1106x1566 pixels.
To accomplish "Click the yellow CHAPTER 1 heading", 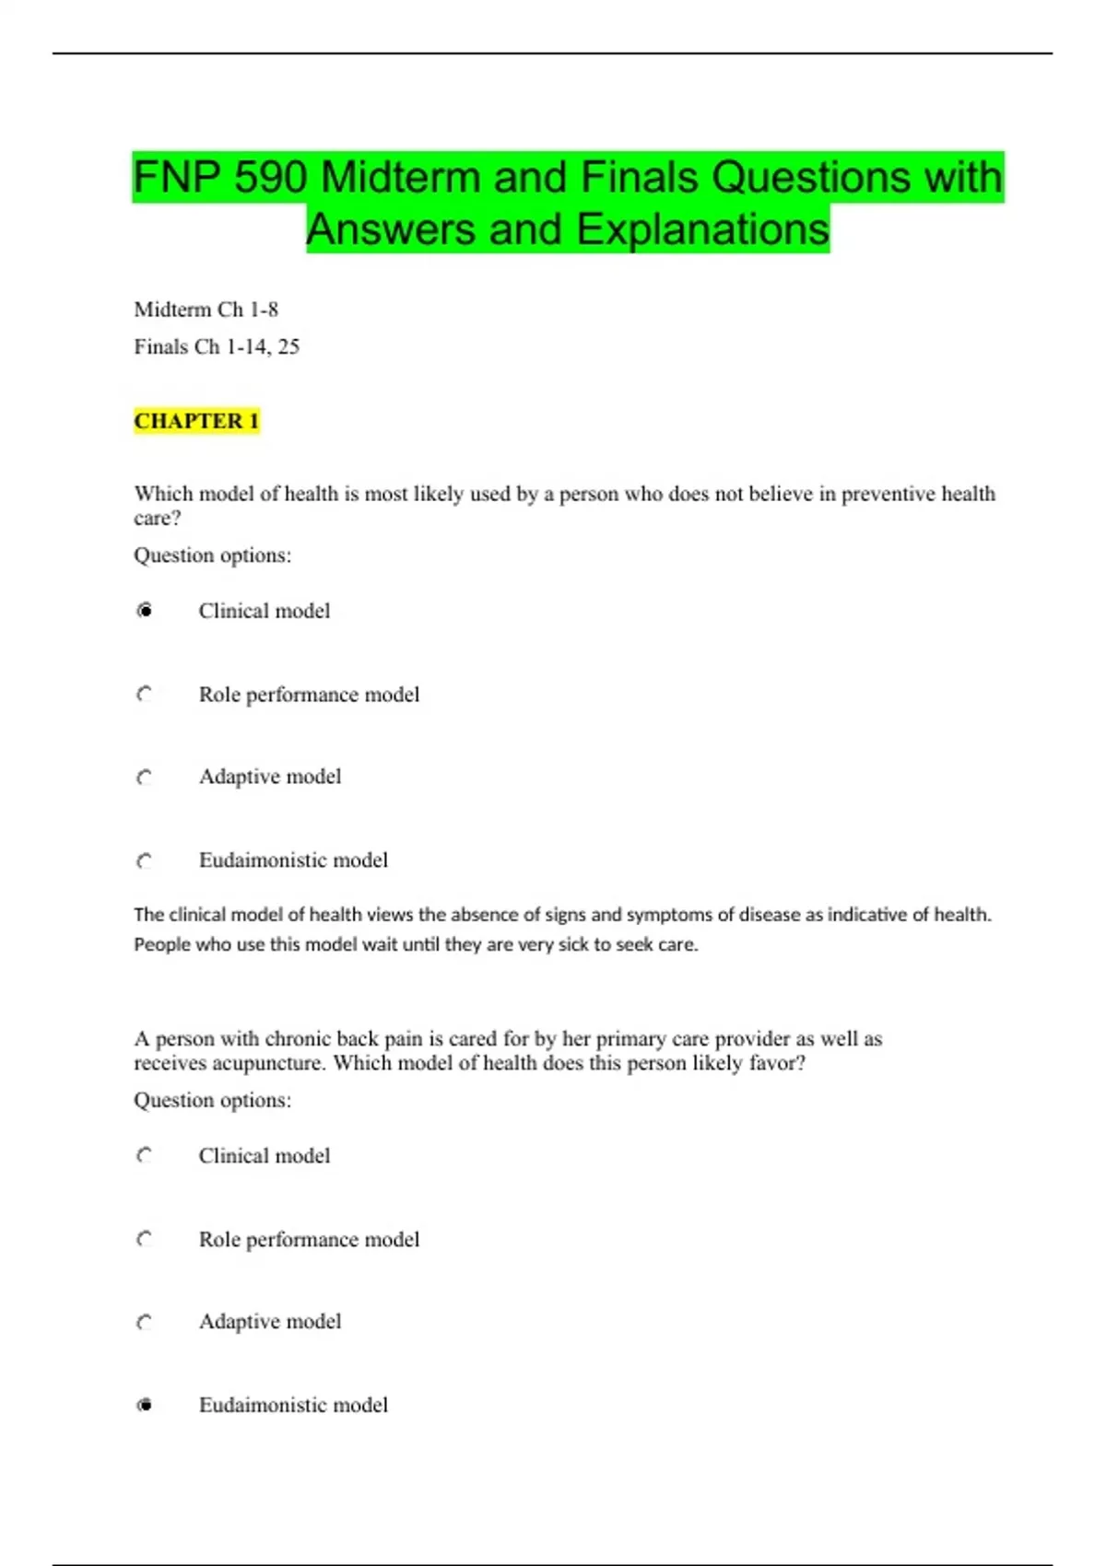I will point(196,421).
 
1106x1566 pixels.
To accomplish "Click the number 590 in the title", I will point(269,178).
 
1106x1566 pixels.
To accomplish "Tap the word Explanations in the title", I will point(702,230).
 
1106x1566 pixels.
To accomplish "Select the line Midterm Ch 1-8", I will point(206,310).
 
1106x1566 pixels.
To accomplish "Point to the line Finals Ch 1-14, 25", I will point(217,347).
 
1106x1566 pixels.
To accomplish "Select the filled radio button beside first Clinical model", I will point(145,611).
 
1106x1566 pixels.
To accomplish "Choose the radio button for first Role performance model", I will point(145,695).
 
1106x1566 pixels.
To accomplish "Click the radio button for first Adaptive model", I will point(145,777).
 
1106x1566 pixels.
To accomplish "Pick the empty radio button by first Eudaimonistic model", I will point(145,860).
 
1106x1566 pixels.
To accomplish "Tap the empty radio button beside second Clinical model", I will point(145,1156).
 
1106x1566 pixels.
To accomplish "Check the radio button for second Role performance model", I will point(145,1239).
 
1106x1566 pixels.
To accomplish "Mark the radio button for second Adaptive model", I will point(145,1322).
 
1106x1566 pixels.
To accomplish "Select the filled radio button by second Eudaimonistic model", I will point(145,1405).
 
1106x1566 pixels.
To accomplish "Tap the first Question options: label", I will point(212,555).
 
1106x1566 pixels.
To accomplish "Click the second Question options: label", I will point(212,1100).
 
